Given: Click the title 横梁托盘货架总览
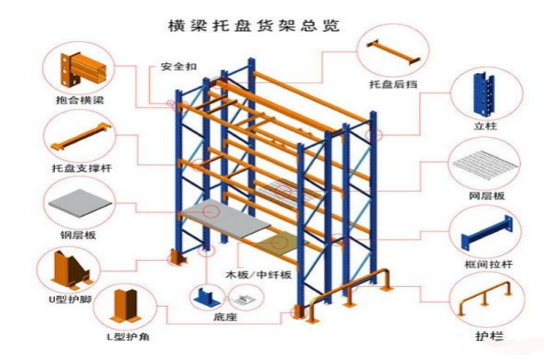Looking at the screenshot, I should point(271,25).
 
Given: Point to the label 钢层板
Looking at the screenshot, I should point(79,235).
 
